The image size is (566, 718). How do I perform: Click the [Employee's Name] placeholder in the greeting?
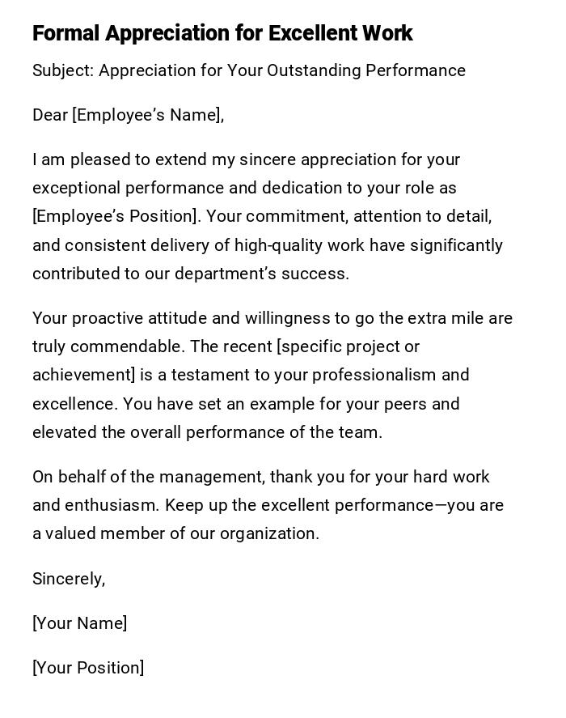pyautogui.click(x=148, y=115)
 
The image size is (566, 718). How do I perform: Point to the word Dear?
pyautogui.click(x=50, y=115)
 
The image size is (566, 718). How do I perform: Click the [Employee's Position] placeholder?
pyautogui.click(x=115, y=216)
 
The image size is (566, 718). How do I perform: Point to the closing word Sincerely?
pyautogui.click(x=68, y=579)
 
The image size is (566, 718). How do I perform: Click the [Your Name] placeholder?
pyautogui.click(x=79, y=623)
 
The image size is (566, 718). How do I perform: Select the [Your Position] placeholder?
pyautogui.click(x=88, y=668)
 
